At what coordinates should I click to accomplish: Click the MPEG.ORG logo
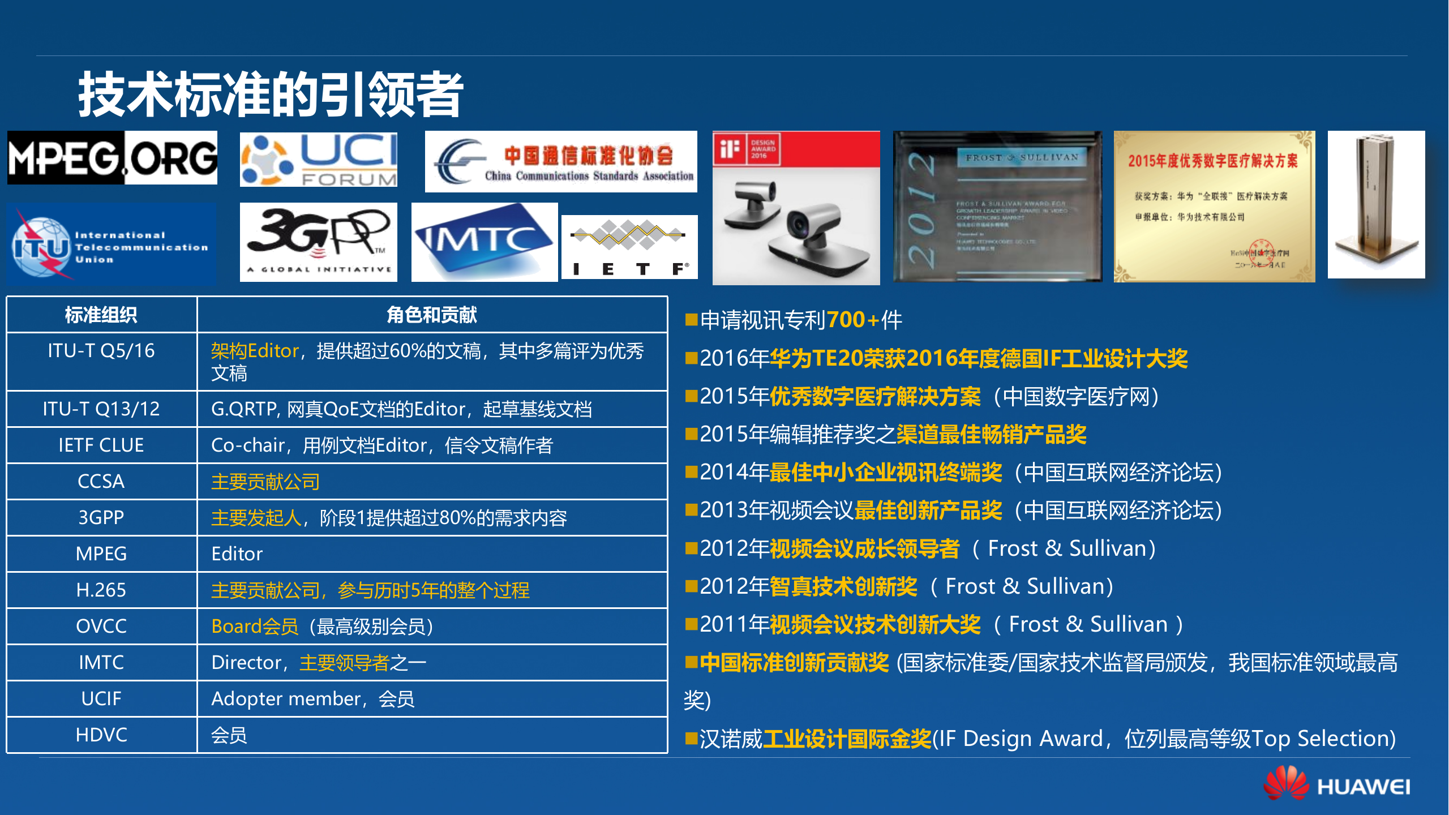coord(112,158)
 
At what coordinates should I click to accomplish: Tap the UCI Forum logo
coord(319,160)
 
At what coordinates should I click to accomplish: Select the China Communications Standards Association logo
coord(561,162)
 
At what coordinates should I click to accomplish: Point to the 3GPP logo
coord(319,242)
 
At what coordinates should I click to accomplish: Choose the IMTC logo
coord(485,242)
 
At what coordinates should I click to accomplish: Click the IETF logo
coord(629,247)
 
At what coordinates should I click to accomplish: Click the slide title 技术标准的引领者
coord(271,95)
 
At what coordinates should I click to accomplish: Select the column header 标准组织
coord(101,315)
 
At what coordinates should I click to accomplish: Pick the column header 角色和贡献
coord(432,315)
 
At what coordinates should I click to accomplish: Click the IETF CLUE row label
coord(101,445)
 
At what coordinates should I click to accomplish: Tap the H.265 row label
coord(101,590)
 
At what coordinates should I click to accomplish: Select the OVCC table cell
coord(101,627)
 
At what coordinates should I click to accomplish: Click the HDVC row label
coord(101,735)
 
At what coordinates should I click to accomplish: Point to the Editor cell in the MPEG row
coord(237,554)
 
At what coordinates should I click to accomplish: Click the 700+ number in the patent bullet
coord(853,320)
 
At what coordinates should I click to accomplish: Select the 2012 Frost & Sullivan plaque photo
coord(997,207)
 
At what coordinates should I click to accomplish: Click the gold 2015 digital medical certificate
coord(1214,207)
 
